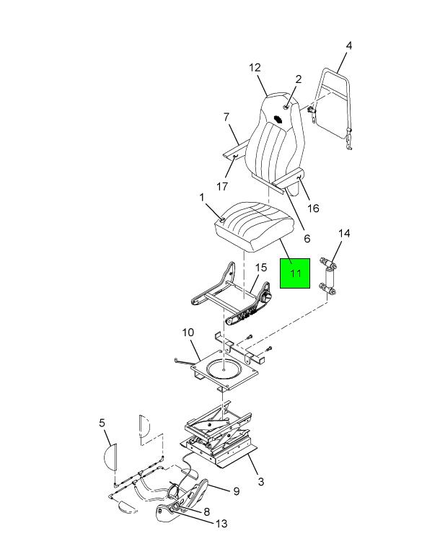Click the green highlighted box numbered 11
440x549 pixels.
coord(295,273)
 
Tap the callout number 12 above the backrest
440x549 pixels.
coord(255,68)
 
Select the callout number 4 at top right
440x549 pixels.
coord(348,45)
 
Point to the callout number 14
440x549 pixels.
coord(344,233)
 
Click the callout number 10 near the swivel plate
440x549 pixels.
coord(188,332)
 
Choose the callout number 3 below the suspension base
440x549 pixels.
coord(261,481)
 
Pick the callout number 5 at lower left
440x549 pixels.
coord(102,423)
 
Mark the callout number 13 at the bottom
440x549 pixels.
coord(221,524)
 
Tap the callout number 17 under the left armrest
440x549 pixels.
coord(222,186)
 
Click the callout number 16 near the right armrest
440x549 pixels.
coord(313,208)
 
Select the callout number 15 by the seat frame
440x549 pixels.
coord(261,268)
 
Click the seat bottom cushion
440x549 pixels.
coord(253,226)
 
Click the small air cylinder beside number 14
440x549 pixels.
coord(329,277)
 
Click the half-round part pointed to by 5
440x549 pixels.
coord(110,457)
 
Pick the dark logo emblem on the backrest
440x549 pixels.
coord(278,119)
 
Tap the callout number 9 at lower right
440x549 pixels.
coord(237,491)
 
